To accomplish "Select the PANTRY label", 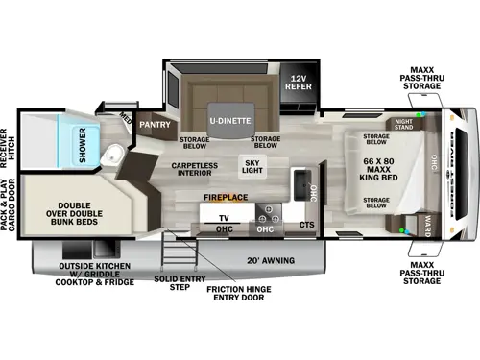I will click(154, 124).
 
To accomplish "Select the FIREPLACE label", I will click(225, 197).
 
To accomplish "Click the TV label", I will click(208, 218).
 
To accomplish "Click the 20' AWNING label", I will click(297, 260).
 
